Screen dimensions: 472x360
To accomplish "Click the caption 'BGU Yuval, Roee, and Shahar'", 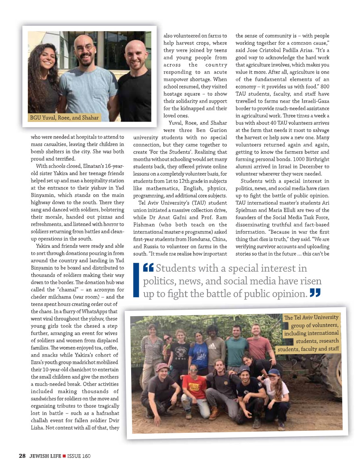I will coord(64,118).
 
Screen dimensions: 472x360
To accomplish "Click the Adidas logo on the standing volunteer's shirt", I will coord(213,346).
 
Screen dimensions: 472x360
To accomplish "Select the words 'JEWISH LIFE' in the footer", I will coord(44,456).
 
